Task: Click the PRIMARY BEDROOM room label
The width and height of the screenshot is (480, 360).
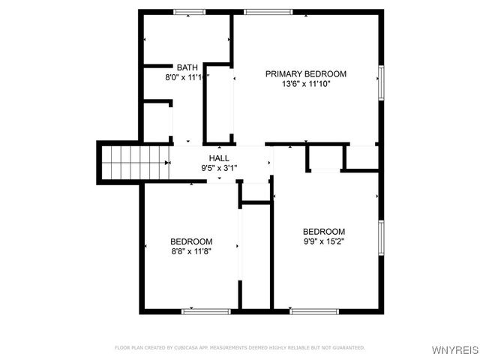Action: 306,73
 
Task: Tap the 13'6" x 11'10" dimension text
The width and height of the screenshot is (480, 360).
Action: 306,84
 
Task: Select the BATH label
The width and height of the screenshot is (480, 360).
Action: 187,67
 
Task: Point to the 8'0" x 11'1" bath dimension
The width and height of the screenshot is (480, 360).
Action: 187,76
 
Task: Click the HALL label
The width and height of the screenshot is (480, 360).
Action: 219,158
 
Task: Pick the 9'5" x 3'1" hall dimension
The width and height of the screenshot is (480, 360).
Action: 219,168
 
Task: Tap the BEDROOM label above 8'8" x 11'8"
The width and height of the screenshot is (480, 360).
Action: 191,241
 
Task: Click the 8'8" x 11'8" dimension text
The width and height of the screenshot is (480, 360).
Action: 191,251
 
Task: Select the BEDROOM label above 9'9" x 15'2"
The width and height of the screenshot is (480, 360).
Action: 324,232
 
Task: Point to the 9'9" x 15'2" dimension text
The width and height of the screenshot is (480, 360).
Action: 324,241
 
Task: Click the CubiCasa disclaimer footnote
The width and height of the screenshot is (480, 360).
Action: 240,347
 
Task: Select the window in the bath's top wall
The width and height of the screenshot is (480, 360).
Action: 190,12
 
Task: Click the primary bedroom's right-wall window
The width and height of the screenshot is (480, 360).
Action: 381,82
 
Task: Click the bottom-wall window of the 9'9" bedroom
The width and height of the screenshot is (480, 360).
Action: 314,310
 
